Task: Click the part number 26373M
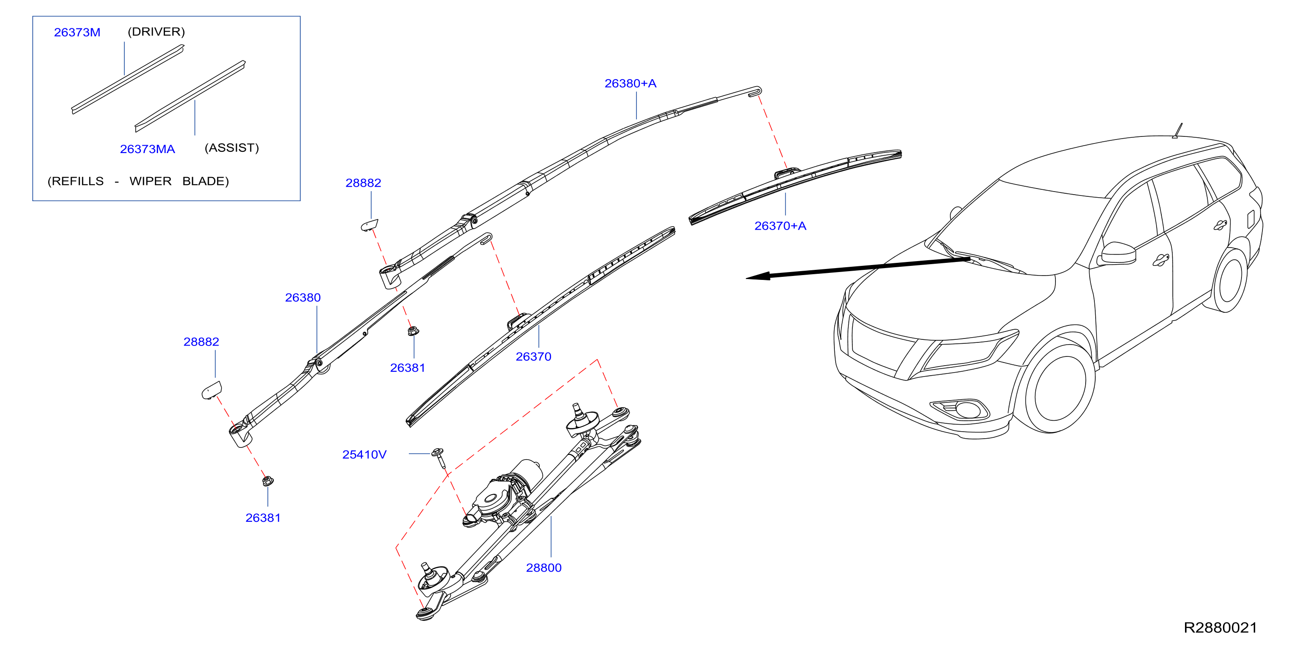coord(77,32)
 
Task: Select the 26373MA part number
coord(147,149)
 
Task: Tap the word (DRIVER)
coord(156,31)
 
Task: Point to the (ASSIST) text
coord(232,148)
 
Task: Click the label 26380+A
coord(630,83)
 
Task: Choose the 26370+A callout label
coord(780,226)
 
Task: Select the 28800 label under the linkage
coord(543,568)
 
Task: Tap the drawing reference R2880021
coord(1220,628)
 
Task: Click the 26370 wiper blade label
coord(533,357)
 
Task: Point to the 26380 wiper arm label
coord(302,297)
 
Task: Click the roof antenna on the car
coord(1177,131)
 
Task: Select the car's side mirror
coord(1117,253)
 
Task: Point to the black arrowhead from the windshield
coord(758,276)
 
